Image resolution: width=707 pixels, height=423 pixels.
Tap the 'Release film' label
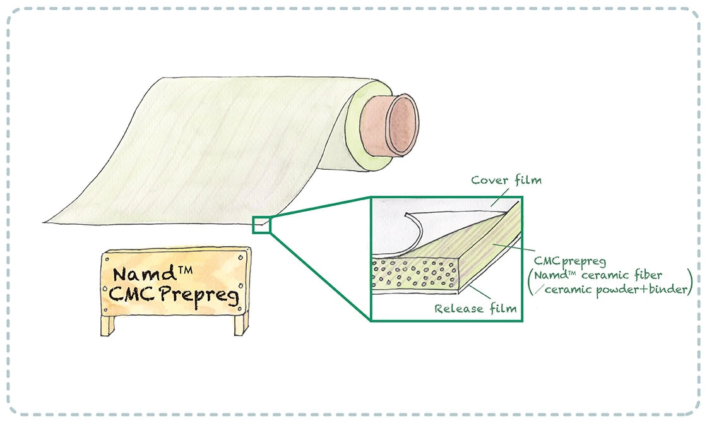pyautogui.click(x=476, y=309)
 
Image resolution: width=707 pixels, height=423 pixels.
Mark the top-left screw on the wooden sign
pyautogui.click(x=107, y=258)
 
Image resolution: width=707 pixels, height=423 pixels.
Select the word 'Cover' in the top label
pyautogui.click(x=487, y=180)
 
